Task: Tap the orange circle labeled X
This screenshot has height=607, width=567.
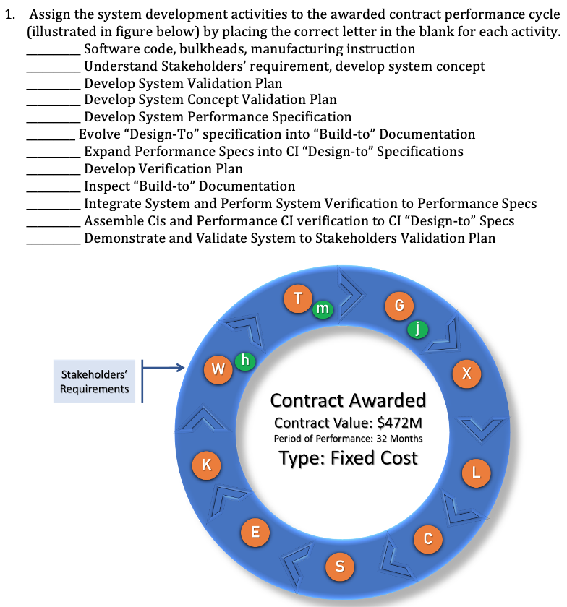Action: (x=466, y=373)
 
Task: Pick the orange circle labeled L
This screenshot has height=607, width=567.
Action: (x=475, y=473)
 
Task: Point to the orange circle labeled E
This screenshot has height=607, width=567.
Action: (x=254, y=532)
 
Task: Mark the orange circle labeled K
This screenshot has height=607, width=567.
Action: (x=206, y=465)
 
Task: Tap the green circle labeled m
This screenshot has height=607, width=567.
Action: (x=322, y=309)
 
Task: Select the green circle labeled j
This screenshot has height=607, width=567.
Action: (x=417, y=330)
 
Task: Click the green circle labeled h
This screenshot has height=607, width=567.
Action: (x=245, y=361)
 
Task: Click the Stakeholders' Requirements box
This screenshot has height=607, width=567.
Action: (x=94, y=382)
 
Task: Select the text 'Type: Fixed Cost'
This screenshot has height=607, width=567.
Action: (x=348, y=458)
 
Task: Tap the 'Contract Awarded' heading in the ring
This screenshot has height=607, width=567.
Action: (x=348, y=400)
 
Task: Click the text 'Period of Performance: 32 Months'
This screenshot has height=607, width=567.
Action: (x=348, y=439)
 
